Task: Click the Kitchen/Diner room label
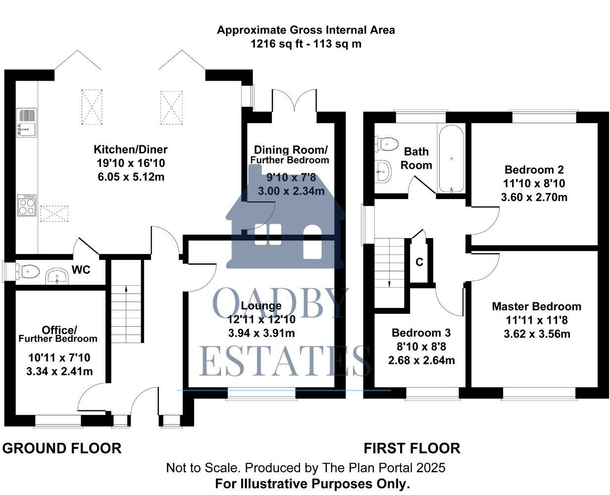[x=131, y=149]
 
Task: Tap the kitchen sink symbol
[x=26, y=122]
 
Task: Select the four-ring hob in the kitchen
[x=26, y=205]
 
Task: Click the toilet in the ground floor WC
[x=29, y=271]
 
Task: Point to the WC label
[x=81, y=270]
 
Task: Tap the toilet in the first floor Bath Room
[x=388, y=144]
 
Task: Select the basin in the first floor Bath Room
[x=383, y=172]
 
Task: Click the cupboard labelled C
[x=419, y=262]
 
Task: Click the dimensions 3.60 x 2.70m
[x=534, y=197]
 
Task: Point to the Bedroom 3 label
[x=421, y=332]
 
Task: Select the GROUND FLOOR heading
[x=62, y=448]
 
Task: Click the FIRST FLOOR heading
[x=412, y=448]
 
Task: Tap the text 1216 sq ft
[x=278, y=44]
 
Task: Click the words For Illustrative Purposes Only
[x=312, y=484]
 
